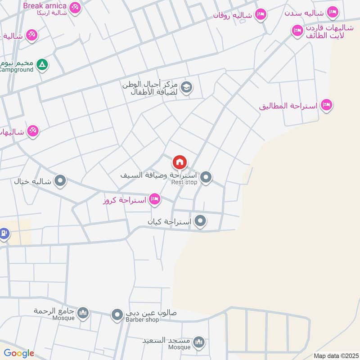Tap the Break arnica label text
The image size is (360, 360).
coord(45,6)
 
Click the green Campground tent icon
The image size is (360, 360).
coord(42,65)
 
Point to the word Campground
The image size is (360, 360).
coord(16,70)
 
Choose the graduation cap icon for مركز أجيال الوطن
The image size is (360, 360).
coord(187,88)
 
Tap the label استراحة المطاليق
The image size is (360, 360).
coord(288,107)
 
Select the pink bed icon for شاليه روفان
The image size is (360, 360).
coord(260,15)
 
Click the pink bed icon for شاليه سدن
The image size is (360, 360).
coord(333,12)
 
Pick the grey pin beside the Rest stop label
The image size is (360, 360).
coord(206,178)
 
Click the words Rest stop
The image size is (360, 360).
coord(184,182)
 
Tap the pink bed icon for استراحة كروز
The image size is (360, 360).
coord(155,199)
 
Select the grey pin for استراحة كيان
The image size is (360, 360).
coord(201,221)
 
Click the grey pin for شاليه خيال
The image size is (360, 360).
coord(60,181)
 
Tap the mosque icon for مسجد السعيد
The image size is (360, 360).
coord(199,343)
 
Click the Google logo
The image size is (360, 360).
coord(19,354)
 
